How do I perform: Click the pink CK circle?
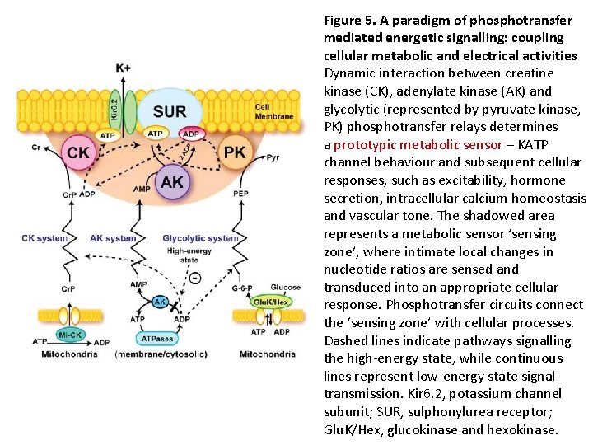click(x=78, y=152)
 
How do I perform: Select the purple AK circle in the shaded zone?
click(x=172, y=182)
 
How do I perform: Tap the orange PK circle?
click(x=235, y=152)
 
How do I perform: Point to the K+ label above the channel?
click(x=123, y=67)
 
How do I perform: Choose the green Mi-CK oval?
click(x=69, y=335)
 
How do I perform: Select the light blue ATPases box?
click(x=158, y=338)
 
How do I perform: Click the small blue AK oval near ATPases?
click(x=160, y=302)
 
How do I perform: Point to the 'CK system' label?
click(x=44, y=239)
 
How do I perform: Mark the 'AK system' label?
click(x=113, y=239)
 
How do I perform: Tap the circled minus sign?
click(x=194, y=279)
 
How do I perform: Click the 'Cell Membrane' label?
click(x=273, y=111)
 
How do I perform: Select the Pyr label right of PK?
click(x=273, y=156)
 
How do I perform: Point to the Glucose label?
click(x=285, y=288)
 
